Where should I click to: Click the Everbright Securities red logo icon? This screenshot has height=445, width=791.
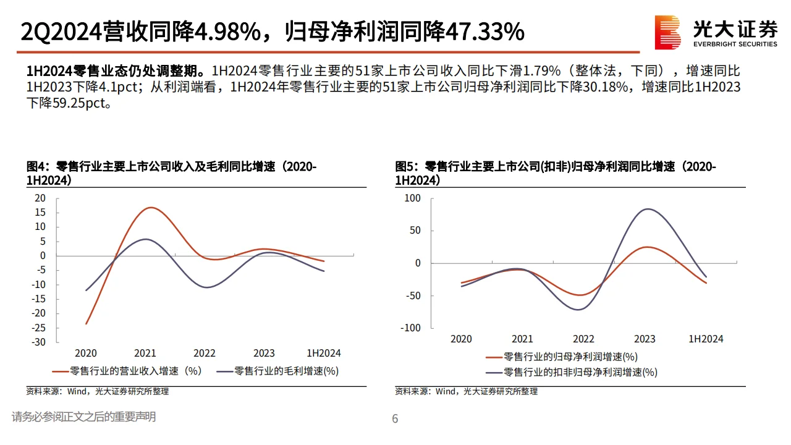tap(668, 32)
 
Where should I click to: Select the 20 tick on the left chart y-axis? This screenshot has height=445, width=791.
tap(40, 198)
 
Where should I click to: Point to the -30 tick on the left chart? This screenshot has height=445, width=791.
tap(38, 342)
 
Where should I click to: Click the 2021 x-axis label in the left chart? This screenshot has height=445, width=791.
tap(145, 353)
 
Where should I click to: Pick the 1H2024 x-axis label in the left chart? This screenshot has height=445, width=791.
tap(324, 353)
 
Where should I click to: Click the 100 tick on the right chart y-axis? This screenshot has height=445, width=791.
tap(412, 198)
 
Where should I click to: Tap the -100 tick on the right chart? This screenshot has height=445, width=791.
tap(409, 328)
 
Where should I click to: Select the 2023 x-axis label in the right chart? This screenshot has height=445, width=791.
tap(645, 339)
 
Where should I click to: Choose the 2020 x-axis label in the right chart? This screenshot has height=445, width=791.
tap(461, 339)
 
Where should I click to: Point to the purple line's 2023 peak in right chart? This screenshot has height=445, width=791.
tap(646, 209)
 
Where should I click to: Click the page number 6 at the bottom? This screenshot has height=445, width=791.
tap(395, 419)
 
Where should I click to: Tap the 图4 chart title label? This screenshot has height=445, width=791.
tap(37, 167)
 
